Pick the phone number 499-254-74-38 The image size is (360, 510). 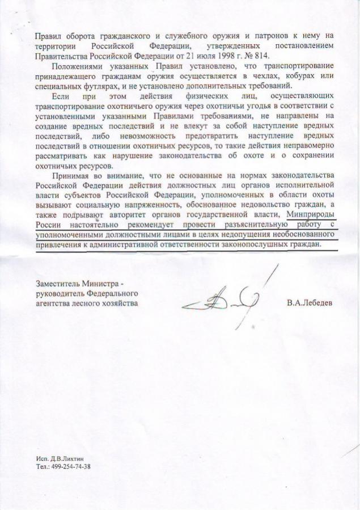click(x=71, y=466)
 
